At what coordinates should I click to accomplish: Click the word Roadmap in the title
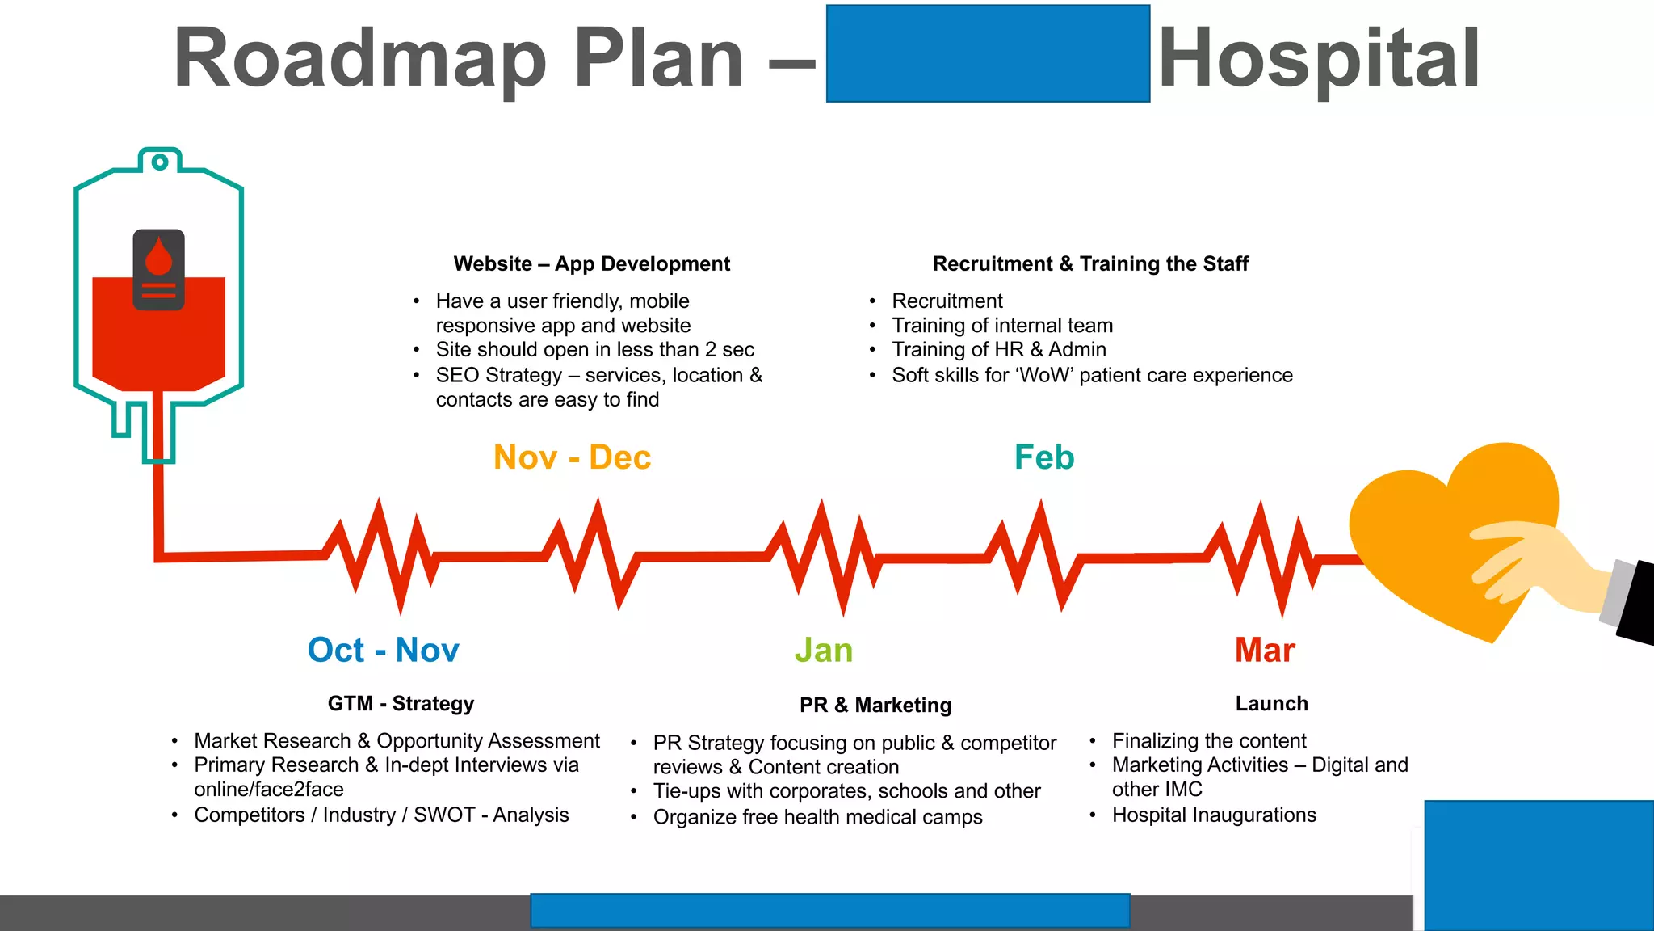pyautogui.click(x=360, y=58)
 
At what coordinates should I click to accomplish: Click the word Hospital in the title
pyautogui.click(x=1319, y=58)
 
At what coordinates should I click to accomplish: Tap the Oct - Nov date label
pyautogui.click(x=383, y=651)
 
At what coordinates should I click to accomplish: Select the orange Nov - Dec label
pyautogui.click(x=572, y=457)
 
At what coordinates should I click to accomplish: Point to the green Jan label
pyautogui.click(x=824, y=651)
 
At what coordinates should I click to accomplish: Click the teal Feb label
pyautogui.click(x=1044, y=457)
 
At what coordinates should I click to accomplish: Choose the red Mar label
pyautogui.click(x=1265, y=651)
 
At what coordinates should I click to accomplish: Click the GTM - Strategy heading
pyautogui.click(x=401, y=704)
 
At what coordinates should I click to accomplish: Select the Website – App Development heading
pyautogui.click(x=591, y=264)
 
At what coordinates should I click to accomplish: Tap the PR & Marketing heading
pyautogui.click(x=875, y=706)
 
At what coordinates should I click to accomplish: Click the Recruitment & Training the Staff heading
pyautogui.click(x=1090, y=264)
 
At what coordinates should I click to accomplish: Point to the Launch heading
pyautogui.click(x=1271, y=704)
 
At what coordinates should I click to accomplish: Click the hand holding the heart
pyautogui.click(x=1534, y=566)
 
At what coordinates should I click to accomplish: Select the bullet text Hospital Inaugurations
pyautogui.click(x=1213, y=815)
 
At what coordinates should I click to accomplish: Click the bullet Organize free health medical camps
pyautogui.click(x=817, y=817)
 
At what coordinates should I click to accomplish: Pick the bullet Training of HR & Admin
pyautogui.click(x=998, y=350)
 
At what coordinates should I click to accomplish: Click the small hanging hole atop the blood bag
pyautogui.click(x=160, y=162)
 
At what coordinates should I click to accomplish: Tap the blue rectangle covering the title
pyautogui.click(x=988, y=53)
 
